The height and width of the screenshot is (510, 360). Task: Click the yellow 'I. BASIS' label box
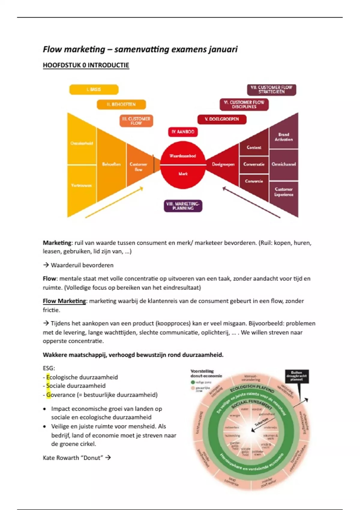[94, 89]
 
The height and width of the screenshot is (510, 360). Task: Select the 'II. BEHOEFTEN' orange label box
[121, 104]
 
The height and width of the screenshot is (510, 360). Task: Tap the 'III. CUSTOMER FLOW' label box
[136, 121]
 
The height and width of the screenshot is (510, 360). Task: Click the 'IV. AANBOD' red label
[183, 132]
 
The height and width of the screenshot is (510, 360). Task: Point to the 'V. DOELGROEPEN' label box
[222, 119]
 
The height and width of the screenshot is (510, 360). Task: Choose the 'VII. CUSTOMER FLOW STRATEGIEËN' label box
[271, 90]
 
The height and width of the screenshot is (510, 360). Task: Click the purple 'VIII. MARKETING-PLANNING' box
[183, 206]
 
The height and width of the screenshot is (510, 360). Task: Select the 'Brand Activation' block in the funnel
[283, 137]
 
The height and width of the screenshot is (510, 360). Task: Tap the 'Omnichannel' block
[283, 164]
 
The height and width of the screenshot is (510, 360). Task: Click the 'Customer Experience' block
[283, 192]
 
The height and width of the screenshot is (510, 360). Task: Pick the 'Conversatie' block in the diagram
[254, 164]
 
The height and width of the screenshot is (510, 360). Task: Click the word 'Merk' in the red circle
[183, 174]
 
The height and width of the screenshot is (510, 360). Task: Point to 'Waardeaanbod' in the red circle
[183, 156]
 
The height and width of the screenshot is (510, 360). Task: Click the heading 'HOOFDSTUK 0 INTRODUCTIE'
[86, 65]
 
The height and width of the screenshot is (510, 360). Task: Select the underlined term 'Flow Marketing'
[64, 301]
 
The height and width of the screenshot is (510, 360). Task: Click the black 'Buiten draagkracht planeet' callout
[296, 376]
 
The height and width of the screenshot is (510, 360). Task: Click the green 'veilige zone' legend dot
[193, 382]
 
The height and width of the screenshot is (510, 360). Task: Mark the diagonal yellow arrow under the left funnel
[114, 202]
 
